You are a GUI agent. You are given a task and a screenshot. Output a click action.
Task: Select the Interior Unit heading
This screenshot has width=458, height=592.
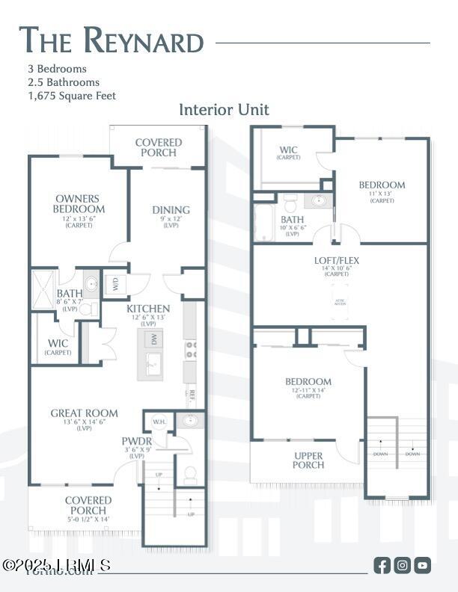tap(224, 110)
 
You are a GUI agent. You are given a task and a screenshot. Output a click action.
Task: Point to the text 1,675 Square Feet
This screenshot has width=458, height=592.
tap(72, 96)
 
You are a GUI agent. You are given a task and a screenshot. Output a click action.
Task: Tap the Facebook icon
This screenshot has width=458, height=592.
tap(382, 565)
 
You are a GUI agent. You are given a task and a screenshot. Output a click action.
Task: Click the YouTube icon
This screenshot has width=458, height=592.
tap(423, 565)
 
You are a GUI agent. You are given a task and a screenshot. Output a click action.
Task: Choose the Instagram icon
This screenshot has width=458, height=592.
tap(403, 565)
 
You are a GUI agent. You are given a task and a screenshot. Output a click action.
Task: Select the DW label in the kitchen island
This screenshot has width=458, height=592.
tap(153, 339)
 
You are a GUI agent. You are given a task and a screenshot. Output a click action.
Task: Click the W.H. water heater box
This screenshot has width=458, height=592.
tap(158, 421)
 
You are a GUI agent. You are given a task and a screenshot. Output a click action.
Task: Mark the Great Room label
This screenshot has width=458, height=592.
tap(84, 413)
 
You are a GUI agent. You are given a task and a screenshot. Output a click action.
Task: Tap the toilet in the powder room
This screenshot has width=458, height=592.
tap(190, 473)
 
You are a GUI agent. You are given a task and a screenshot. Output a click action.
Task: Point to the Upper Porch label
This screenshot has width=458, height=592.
tap(308, 460)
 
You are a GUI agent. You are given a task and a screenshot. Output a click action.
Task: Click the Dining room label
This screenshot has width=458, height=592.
tap(171, 210)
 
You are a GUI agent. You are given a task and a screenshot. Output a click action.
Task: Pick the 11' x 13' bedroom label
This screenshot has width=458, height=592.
tap(382, 185)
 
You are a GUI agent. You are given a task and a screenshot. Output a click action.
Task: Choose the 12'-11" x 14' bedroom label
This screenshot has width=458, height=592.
tap(308, 382)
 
